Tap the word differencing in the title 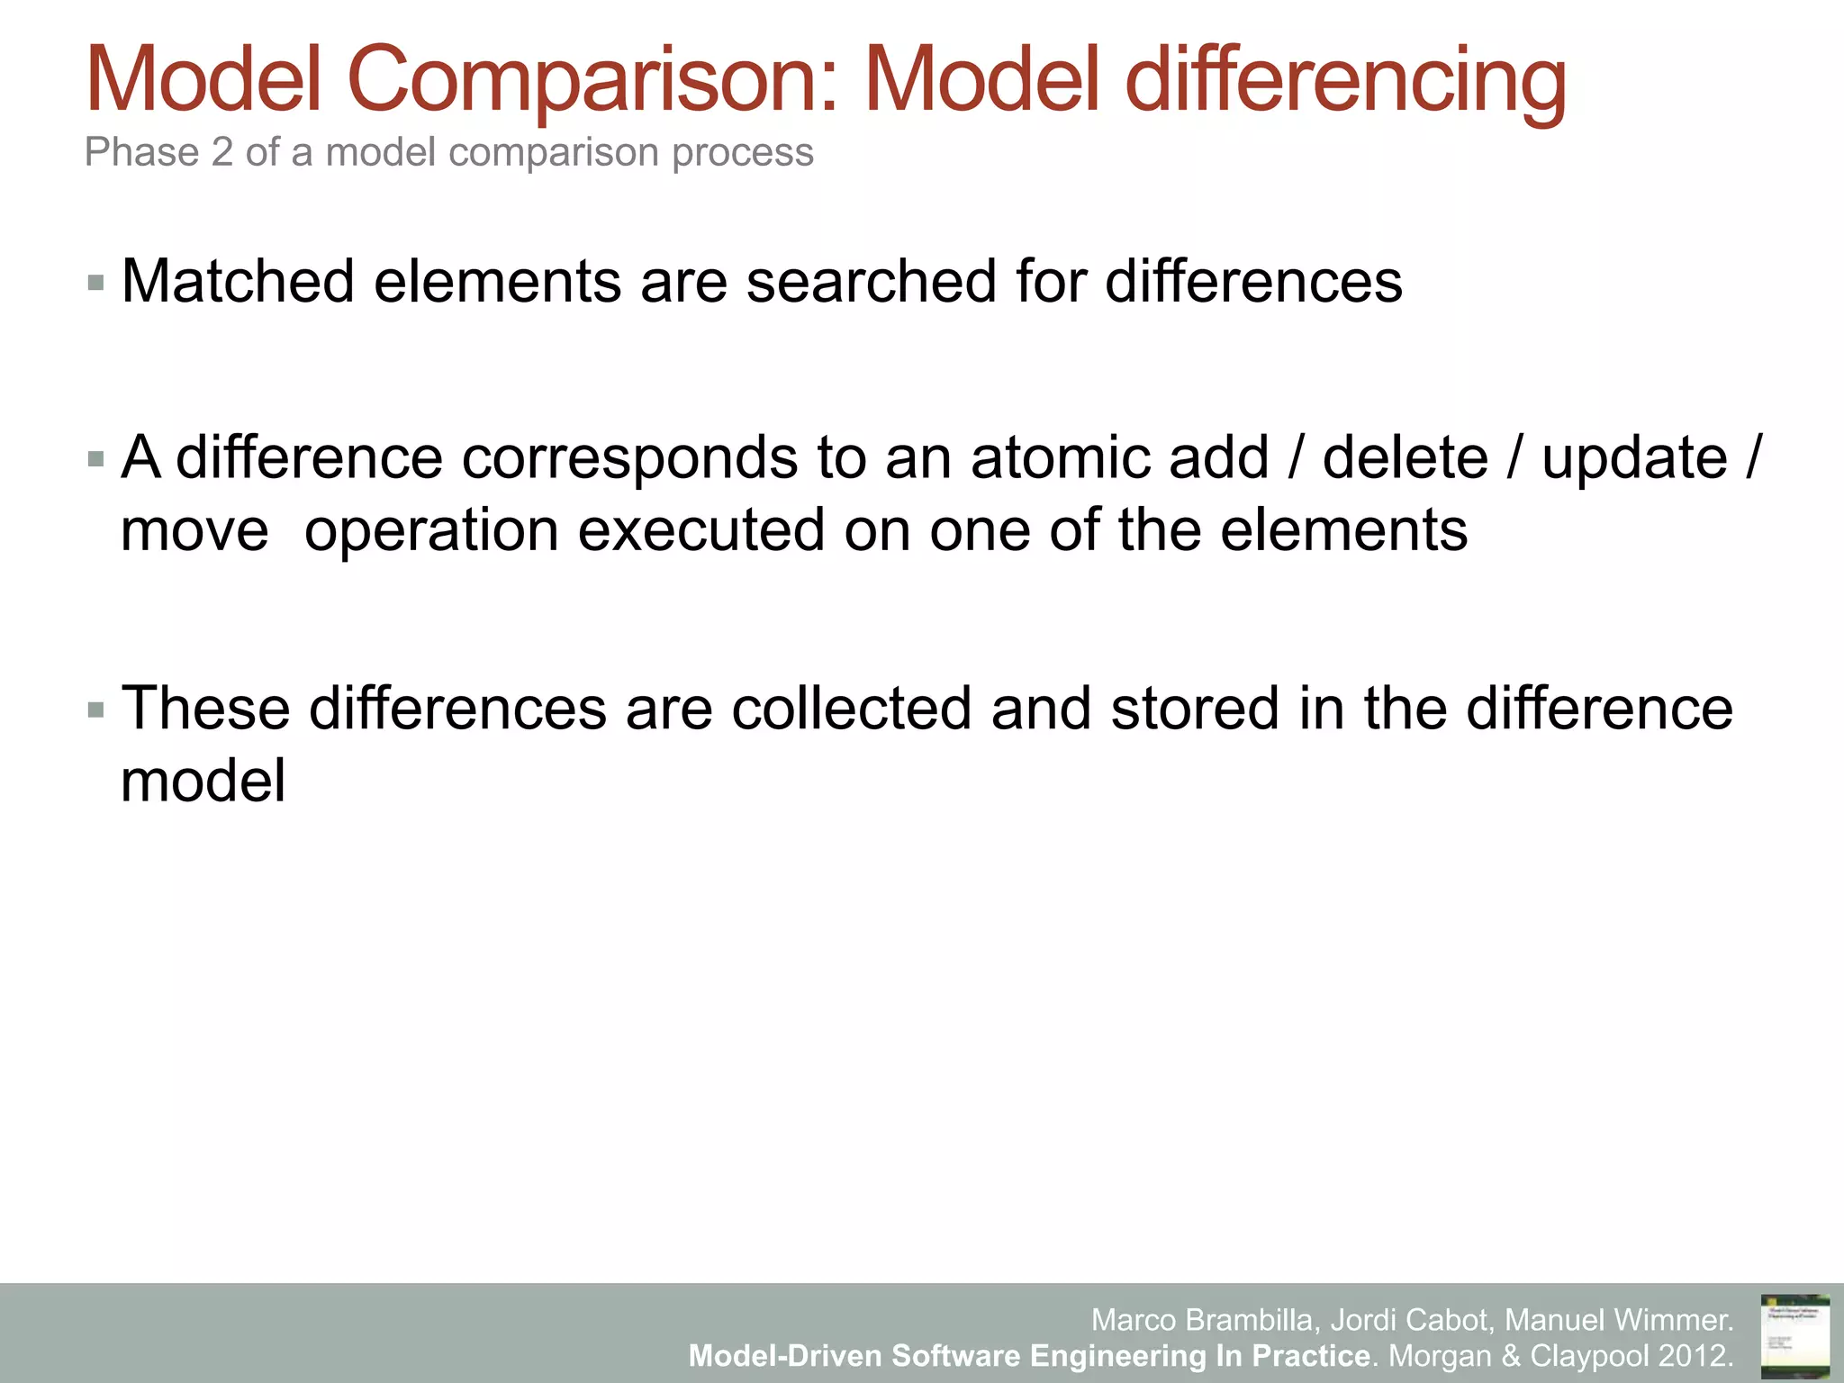(x=1345, y=81)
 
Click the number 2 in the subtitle (x=222, y=152)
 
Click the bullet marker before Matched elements (x=96, y=284)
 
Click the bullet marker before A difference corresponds (x=96, y=460)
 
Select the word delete (x=1406, y=457)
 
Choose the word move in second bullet (x=194, y=529)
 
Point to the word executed (x=701, y=529)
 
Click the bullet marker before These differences (x=96, y=710)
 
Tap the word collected (x=852, y=708)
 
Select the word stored (x=1195, y=708)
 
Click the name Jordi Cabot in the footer (x=1409, y=1320)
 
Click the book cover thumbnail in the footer (x=1794, y=1335)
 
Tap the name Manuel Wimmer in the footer (x=1618, y=1320)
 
